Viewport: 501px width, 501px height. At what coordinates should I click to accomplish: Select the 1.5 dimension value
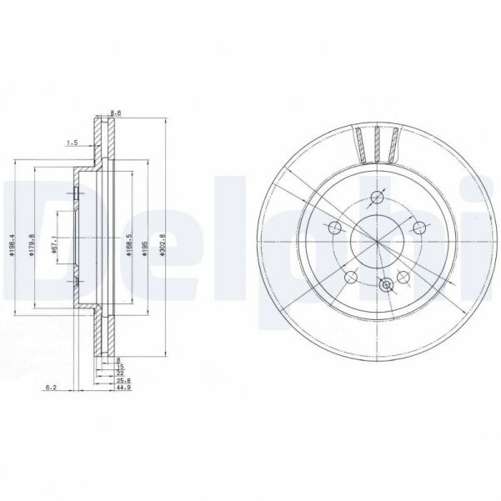pos(73,143)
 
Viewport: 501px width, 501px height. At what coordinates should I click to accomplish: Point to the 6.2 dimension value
pos(49,387)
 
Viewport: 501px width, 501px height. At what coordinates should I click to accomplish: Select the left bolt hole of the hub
pos(336,227)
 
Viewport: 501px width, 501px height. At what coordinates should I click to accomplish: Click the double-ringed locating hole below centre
pos(386,285)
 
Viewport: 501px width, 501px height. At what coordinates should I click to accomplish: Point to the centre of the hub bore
pos(377,241)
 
